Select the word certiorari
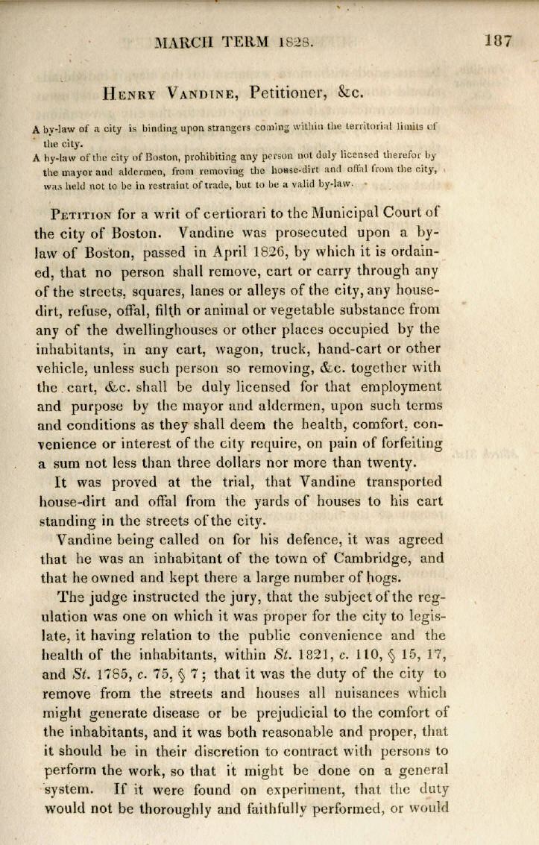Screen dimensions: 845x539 pyautogui.click(x=236, y=212)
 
